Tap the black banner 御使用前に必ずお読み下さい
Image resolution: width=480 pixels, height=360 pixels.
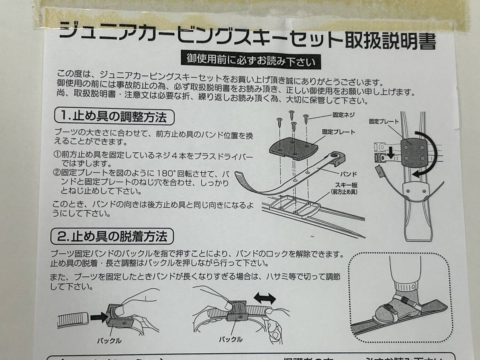pyautogui.click(x=251, y=61)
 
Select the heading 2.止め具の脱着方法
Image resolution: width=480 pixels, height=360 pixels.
pyautogui.click(x=113, y=236)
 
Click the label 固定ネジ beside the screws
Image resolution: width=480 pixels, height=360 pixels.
pyautogui.click(x=343, y=115)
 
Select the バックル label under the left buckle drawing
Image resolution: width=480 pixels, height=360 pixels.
pyautogui.click(x=109, y=340)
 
